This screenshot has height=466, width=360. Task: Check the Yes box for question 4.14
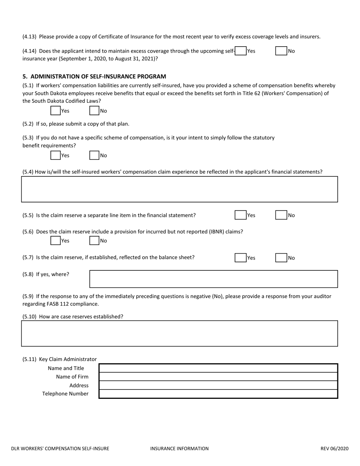tap(241, 51)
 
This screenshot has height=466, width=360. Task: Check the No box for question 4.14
tap(281, 51)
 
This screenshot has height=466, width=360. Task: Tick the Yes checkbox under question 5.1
tap(55, 111)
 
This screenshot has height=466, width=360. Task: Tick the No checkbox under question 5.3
tap(94, 155)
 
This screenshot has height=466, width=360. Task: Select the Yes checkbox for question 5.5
tap(240, 215)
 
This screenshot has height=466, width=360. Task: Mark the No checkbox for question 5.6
tap(94, 240)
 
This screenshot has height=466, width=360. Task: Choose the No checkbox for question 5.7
tap(281, 258)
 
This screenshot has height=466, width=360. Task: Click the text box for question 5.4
tap(179, 189)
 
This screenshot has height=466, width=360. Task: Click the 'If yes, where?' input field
tap(213, 279)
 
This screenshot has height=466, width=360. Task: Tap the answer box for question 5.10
tap(179, 334)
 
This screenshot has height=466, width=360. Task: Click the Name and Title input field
tap(218, 368)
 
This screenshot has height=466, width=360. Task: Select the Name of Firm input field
tap(218, 377)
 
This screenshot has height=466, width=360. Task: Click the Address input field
tap(218, 385)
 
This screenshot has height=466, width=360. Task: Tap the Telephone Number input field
tap(218, 394)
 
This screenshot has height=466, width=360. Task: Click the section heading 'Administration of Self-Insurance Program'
tap(94, 76)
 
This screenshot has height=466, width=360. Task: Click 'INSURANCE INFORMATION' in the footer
tap(179, 449)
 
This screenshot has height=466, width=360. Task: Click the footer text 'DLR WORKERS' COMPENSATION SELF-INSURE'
tap(60, 449)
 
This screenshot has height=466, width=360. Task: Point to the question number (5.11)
tap(30, 359)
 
